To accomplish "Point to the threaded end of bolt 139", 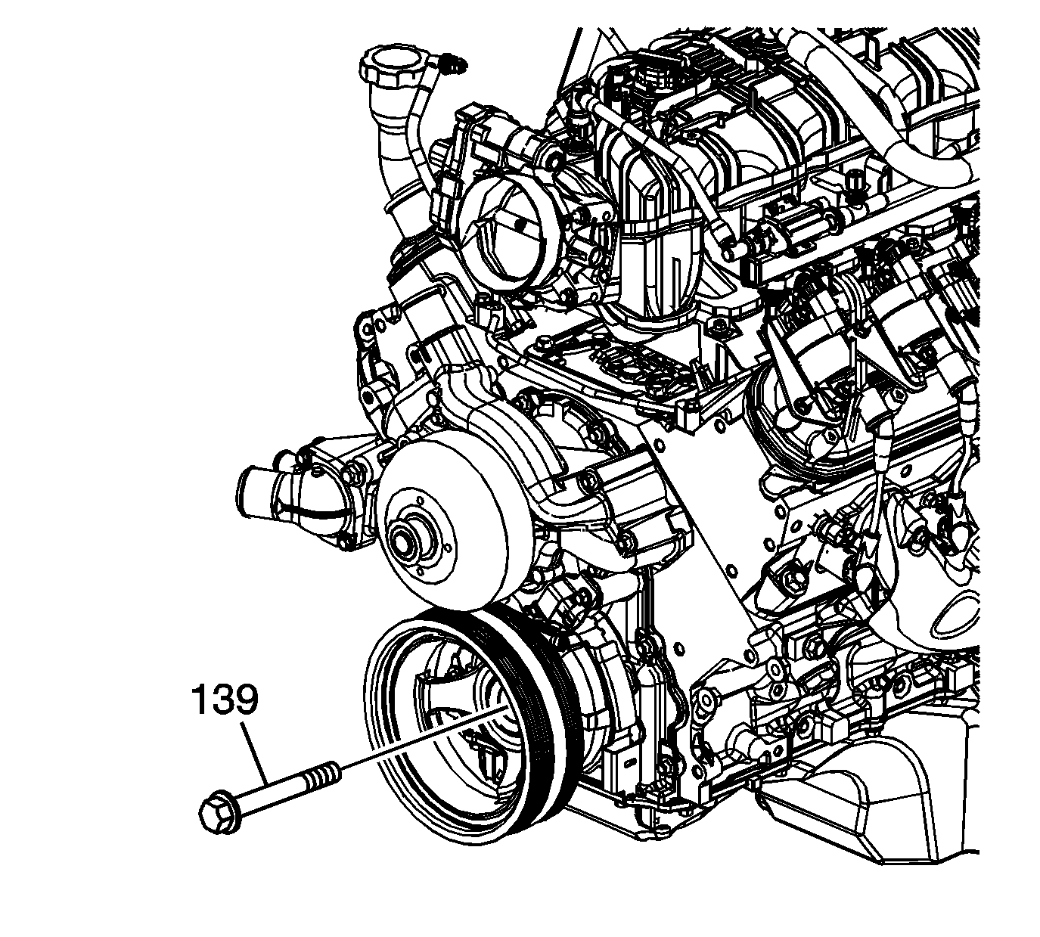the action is point(324,774).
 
